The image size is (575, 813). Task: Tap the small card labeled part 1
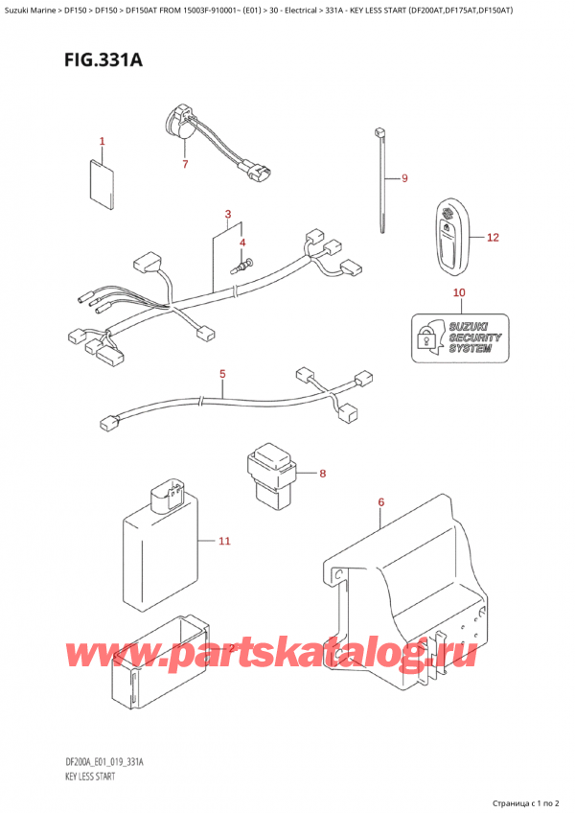(103, 185)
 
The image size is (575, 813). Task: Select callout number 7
(185, 164)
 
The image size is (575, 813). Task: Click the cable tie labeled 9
(381, 182)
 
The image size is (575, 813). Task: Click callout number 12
(493, 237)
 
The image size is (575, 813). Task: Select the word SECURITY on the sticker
(474, 337)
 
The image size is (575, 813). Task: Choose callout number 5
(221, 373)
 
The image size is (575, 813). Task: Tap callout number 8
(323, 473)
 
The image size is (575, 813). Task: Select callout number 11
(224, 542)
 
